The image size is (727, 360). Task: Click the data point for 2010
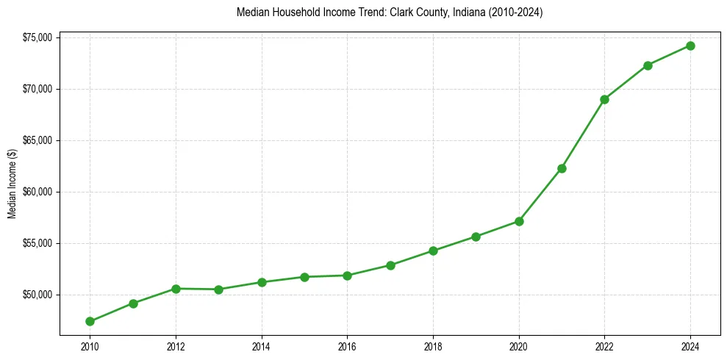click(x=90, y=321)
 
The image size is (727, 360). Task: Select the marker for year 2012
click(x=176, y=289)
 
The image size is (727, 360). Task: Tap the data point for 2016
click(x=347, y=276)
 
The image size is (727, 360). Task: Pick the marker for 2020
click(x=519, y=221)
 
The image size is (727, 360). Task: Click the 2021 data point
click(x=562, y=168)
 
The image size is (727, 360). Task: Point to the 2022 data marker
click(x=604, y=99)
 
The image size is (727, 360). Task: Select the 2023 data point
click(x=648, y=65)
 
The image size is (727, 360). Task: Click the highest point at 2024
click(x=690, y=46)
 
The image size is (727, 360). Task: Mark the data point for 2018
click(x=433, y=251)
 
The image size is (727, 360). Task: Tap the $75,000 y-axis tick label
click(x=37, y=37)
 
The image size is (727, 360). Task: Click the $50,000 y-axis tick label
click(x=37, y=295)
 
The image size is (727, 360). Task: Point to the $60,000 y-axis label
click(x=37, y=192)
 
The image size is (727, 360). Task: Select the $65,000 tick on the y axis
click(x=37, y=140)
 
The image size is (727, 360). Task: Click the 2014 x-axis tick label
click(x=261, y=346)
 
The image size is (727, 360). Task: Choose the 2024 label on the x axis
click(x=690, y=346)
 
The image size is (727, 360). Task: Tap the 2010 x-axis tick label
click(x=90, y=346)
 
